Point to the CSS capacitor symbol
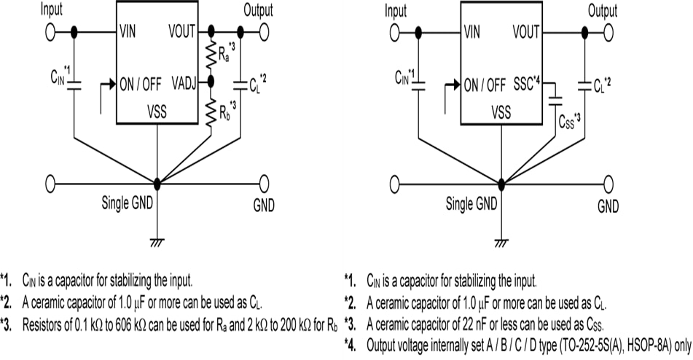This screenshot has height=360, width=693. (555, 96)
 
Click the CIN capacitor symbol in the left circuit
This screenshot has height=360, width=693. (76, 82)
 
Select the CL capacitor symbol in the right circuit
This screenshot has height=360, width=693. (584, 85)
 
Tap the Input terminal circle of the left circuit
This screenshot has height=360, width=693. (51, 32)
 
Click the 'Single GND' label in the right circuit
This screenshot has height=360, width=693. (471, 203)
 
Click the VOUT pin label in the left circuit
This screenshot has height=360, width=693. (182, 32)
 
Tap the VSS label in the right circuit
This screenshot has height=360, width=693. (501, 111)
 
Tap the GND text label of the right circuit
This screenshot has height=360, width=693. (608, 206)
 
